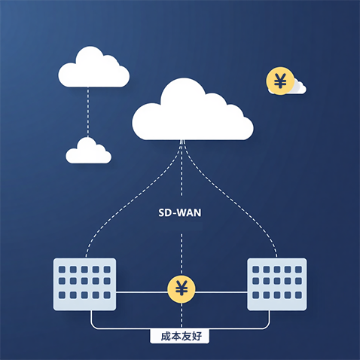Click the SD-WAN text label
pyautogui.click(x=180, y=212)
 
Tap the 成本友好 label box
pyautogui.click(x=180, y=337)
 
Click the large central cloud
pyautogui.click(x=193, y=111)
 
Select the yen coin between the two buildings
pyautogui.click(x=182, y=288)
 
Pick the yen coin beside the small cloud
pyautogui.click(x=280, y=81)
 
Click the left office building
pyautogui.click(x=84, y=284)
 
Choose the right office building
pyautogui.click(x=277, y=284)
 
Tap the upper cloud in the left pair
pyautogui.click(x=94, y=68)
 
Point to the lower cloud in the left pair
pyautogui.click(x=88, y=151)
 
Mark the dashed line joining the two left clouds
pyautogui.click(x=88, y=112)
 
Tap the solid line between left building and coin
pyautogui.click(x=142, y=292)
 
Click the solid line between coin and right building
pyautogui.click(x=221, y=292)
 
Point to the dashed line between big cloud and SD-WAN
pyautogui.click(x=182, y=168)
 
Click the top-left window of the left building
pyautogui.click(x=62, y=270)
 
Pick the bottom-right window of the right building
pyautogui.click(x=298, y=295)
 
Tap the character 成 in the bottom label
pyautogui.click(x=166, y=337)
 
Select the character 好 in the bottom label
pyautogui.click(x=197, y=337)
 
